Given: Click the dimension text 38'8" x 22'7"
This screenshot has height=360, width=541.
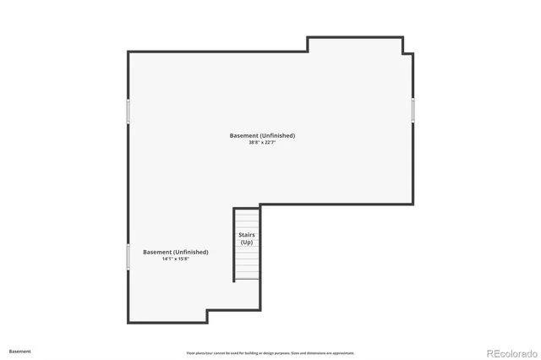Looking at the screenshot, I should tap(262, 143).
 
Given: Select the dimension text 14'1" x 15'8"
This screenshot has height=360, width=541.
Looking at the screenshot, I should tap(176, 259).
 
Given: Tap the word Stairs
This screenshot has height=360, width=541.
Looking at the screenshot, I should tap(247, 235).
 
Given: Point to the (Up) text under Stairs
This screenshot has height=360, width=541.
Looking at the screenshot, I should tap(247, 243).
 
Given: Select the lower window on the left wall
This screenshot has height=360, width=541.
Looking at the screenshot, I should tap(128, 257).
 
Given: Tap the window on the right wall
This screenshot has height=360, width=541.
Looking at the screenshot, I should tap(413, 110).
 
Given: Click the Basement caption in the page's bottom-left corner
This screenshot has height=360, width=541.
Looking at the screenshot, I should tap(20, 351).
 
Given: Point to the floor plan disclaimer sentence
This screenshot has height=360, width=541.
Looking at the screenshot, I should tap(270, 353).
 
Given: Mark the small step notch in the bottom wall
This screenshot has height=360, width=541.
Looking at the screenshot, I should tap(207, 315).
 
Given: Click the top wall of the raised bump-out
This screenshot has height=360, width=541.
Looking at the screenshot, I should tap(355, 37).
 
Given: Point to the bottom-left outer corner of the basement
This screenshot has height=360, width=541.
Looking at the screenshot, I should tap(128, 321).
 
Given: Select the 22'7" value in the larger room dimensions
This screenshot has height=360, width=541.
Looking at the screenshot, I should tap(270, 143).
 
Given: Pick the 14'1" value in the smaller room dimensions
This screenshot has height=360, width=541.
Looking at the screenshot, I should tap(167, 259).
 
